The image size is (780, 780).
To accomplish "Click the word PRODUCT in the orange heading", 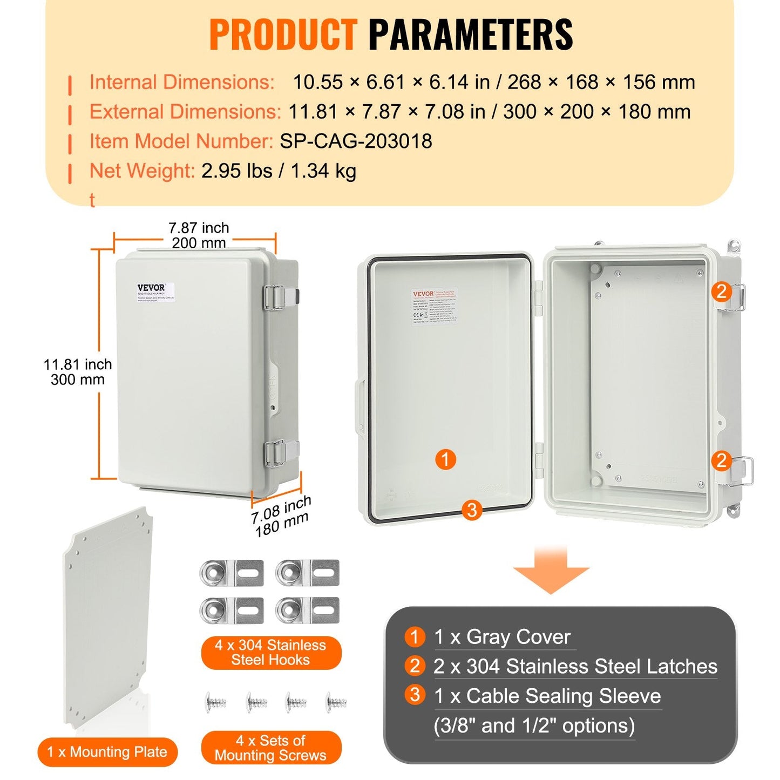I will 283,35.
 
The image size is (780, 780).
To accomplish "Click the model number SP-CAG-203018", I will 356,141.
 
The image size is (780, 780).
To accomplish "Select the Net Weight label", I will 142,171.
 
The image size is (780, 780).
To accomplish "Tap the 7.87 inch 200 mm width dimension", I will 199,235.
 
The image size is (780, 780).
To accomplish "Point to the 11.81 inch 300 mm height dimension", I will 78,372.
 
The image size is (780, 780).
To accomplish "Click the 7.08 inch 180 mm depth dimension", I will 281,517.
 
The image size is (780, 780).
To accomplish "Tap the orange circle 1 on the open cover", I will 445,460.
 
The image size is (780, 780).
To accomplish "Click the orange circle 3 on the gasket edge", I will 472,510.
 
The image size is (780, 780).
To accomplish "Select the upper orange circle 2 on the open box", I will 721,292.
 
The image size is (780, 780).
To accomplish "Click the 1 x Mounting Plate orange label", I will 107,752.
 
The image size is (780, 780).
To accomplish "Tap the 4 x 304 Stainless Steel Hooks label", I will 270,653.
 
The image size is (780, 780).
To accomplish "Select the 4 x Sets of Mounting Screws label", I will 270,748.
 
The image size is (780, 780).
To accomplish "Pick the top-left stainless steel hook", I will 232,573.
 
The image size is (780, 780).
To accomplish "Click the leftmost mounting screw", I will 215,702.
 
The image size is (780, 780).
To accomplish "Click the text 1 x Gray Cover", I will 502,637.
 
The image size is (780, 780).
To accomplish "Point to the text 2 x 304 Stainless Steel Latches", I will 575,667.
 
